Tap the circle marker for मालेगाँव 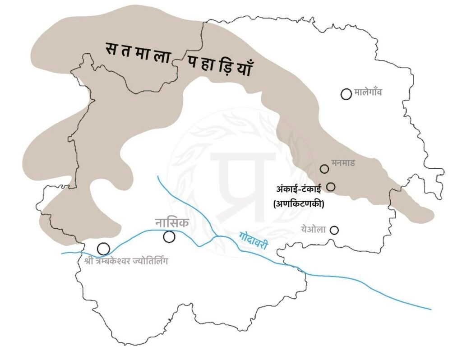tap(346, 94)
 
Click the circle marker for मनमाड tap(324, 169)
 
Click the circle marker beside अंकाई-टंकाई tap(331, 186)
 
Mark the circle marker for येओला tap(334, 230)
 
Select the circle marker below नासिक tap(169, 236)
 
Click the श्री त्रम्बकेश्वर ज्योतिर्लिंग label tap(125, 260)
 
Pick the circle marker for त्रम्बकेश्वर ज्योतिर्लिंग tap(103, 248)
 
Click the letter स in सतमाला tap(110, 48)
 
